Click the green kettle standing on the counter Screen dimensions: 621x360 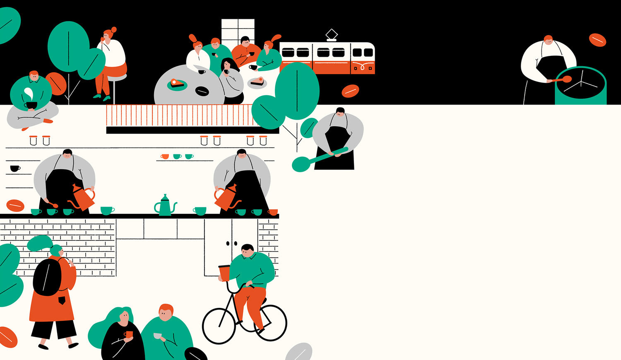(x=165, y=206)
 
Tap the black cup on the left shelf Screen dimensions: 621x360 (x=14, y=168)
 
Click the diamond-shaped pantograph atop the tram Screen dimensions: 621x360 (x=331, y=34)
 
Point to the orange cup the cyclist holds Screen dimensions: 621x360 (x=224, y=273)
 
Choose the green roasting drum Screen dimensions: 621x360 (x=580, y=87)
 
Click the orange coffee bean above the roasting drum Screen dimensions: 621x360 (x=597, y=40)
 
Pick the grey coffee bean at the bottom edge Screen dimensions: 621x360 (x=299, y=352)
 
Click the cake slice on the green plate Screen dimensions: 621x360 (x=177, y=83)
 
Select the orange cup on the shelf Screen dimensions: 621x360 (x=165, y=156)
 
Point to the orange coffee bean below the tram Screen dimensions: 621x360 (x=350, y=91)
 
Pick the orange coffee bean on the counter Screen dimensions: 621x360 (x=15, y=206)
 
